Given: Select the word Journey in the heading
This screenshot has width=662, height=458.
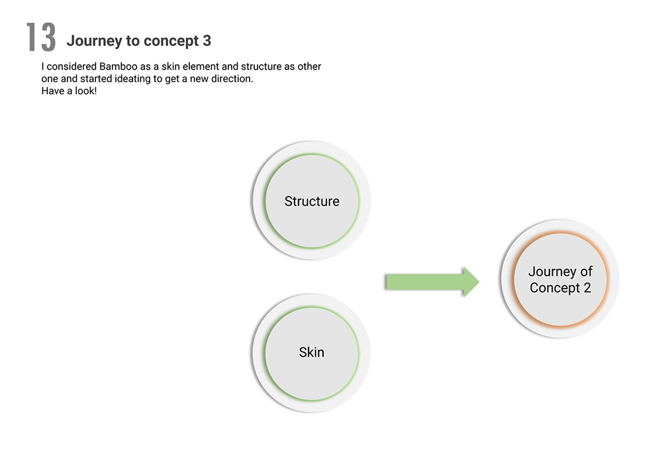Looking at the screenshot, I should pos(91,41).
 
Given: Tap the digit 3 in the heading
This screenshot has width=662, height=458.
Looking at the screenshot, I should pos(207,41).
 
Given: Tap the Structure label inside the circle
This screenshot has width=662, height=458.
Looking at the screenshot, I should pos(312,201).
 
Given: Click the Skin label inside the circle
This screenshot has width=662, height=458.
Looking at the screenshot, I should pos(312,352).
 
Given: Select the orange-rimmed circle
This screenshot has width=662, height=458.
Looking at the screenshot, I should pos(560,280).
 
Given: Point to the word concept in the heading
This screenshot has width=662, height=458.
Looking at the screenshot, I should pos(168,41).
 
